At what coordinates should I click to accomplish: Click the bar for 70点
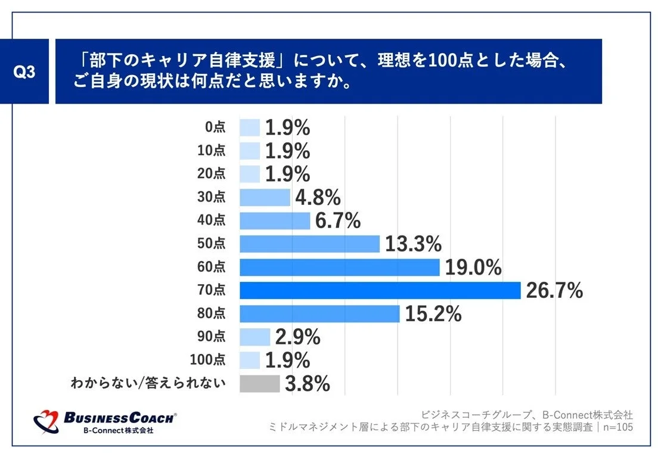[x=380, y=291]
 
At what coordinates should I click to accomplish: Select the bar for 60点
[x=340, y=268]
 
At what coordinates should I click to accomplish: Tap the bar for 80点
[x=319, y=314]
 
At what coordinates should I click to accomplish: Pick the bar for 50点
[x=309, y=244]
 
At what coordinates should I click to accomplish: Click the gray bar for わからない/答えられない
[x=259, y=384]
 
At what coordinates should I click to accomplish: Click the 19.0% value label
[x=473, y=268]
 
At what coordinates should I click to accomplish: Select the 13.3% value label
[x=413, y=244]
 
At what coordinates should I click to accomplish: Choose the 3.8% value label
[x=308, y=384]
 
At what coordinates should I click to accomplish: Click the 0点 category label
[x=215, y=127]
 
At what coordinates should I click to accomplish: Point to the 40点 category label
[x=212, y=220]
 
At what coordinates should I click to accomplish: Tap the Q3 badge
[x=24, y=72]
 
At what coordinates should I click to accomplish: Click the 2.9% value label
[x=297, y=337]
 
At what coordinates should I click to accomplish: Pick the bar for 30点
[x=265, y=197]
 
